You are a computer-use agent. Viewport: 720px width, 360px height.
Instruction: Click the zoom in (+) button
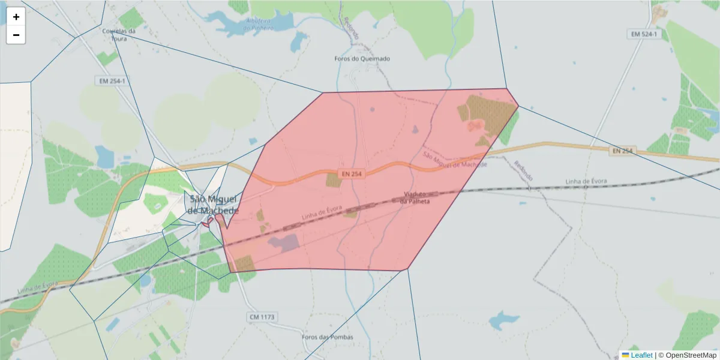point(16,17)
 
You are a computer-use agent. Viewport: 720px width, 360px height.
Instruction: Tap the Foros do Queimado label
point(362,59)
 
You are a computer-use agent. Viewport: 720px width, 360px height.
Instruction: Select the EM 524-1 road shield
point(644,34)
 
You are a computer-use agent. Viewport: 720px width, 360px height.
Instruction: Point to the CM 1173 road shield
point(260,316)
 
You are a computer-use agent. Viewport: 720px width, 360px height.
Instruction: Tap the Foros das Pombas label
point(328,337)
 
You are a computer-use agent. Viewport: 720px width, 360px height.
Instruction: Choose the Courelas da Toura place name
point(119,34)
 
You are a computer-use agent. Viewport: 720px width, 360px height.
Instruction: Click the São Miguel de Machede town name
point(213,205)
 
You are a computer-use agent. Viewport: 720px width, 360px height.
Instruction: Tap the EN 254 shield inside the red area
point(352,174)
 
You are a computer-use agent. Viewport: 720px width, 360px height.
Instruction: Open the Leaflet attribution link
point(641,355)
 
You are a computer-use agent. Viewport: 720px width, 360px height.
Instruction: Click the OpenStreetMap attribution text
point(691,355)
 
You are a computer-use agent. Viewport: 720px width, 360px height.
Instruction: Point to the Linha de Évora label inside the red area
point(322,213)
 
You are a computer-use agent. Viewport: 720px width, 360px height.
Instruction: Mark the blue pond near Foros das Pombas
point(503,320)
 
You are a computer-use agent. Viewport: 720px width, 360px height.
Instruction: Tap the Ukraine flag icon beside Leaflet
point(625,355)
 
